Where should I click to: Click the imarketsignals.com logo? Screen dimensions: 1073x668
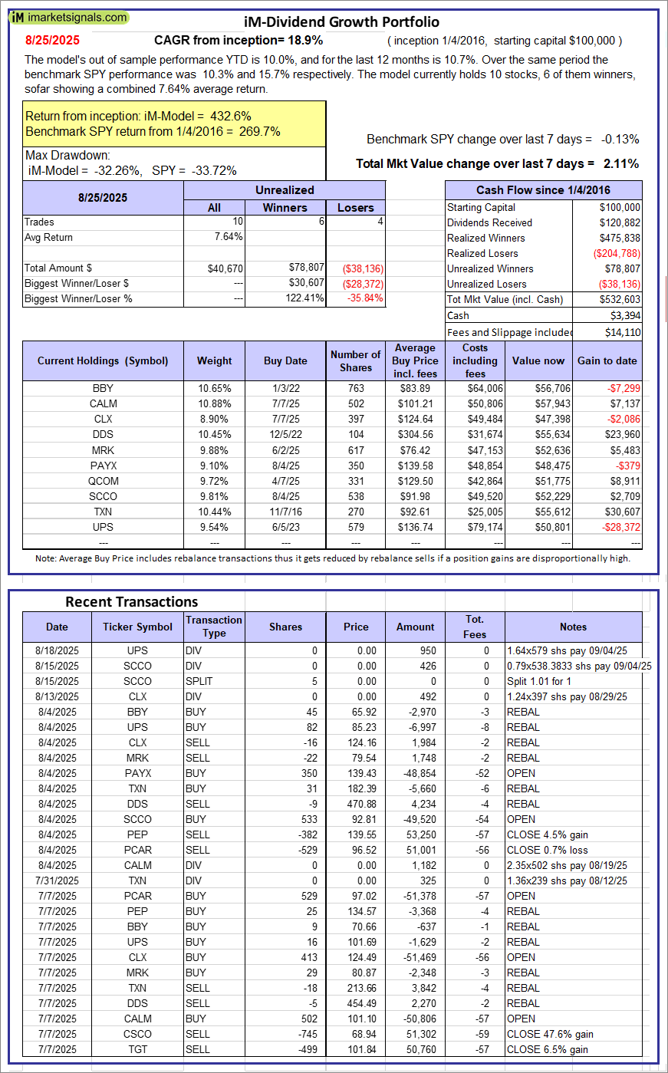point(70,17)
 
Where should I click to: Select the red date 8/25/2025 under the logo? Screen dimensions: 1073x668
point(51,40)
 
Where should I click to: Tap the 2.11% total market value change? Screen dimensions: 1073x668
point(622,163)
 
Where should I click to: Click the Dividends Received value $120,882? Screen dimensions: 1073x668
point(620,222)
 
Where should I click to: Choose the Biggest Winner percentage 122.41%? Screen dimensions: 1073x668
point(304,298)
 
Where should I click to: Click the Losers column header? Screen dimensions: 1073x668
point(356,207)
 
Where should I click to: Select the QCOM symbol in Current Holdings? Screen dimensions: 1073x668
point(103,481)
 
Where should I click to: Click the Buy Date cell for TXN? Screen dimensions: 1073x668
point(285,512)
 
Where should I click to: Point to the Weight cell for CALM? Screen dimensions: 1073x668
point(215,403)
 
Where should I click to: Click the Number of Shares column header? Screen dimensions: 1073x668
point(356,360)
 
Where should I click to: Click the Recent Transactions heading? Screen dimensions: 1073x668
point(132,602)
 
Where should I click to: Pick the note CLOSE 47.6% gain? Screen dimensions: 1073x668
point(550,1034)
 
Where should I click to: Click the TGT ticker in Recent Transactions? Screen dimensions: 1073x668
point(138,1049)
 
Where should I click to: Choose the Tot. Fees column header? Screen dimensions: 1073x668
point(475,627)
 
